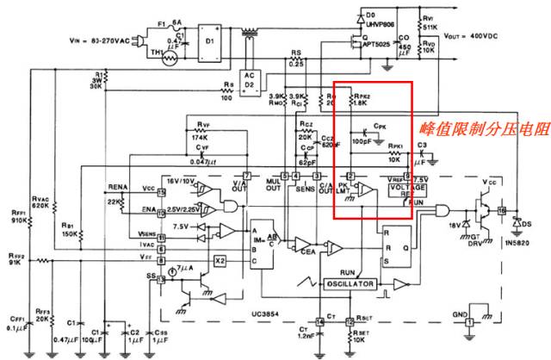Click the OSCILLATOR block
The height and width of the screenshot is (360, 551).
[350, 283]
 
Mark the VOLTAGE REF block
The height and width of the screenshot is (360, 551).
[407, 188]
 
